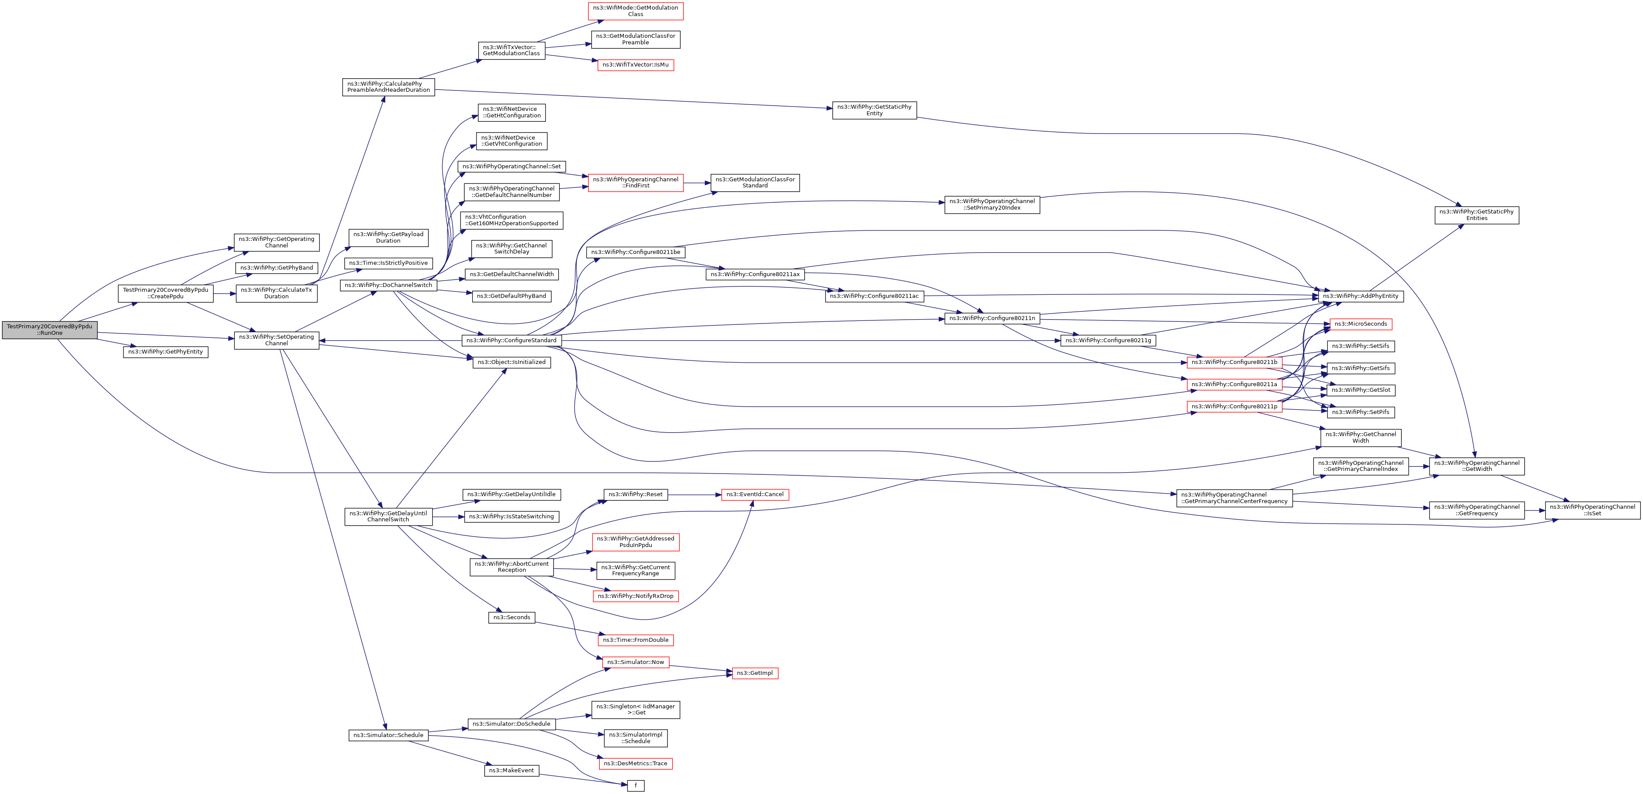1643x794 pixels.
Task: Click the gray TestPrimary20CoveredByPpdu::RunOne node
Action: pyautogui.click(x=49, y=330)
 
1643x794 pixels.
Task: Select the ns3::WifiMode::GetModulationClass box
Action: pyautogui.click(x=635, y=11)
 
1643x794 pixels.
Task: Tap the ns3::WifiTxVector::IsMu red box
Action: pyautogui.click(x=635, y=65)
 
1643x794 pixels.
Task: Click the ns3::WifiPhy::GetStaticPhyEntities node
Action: pyautogui.click(x=1476, y=215)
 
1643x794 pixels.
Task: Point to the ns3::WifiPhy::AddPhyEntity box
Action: pyautogui.click(x=1360, y=296)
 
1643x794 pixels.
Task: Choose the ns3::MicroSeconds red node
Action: pyautogui.click(x=1360, y=324)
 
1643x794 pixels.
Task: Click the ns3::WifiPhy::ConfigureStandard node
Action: pyautogui.click(x=511, y=340)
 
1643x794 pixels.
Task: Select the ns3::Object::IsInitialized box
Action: pyautogui.click(x=511, y=362)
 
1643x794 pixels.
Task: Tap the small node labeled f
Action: pyautogui.click(x=635, y=786)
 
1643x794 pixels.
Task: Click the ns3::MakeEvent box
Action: pyautogui.click(x=511, y=771)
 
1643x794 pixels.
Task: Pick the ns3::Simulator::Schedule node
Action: pyautogui.click(x=388, y=735)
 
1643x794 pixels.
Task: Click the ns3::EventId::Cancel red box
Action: pyautogui.click(x=754, y=494)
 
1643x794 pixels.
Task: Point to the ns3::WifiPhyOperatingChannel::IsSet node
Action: pyautogui.click(x=1592, y=510)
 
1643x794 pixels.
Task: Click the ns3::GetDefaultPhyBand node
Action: pyautogui.click(x=511, y=296)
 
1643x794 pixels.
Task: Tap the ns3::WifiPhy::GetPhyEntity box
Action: pyautogui.click(x=165, y=352)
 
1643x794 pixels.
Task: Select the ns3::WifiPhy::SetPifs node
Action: pyautogui.click(x=1360, y=412)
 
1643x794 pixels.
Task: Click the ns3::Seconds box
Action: pyautogui.click(x=511, y=617)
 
